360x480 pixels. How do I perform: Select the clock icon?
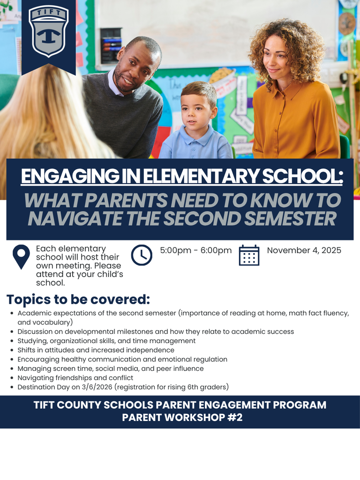[x=142, y=255]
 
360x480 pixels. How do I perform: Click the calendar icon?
[x=249, y=255]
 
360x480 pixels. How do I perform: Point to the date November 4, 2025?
[x=304, y=250]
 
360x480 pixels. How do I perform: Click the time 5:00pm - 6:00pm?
[x=196, y=250]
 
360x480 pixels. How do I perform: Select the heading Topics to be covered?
[x=78, y=299]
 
